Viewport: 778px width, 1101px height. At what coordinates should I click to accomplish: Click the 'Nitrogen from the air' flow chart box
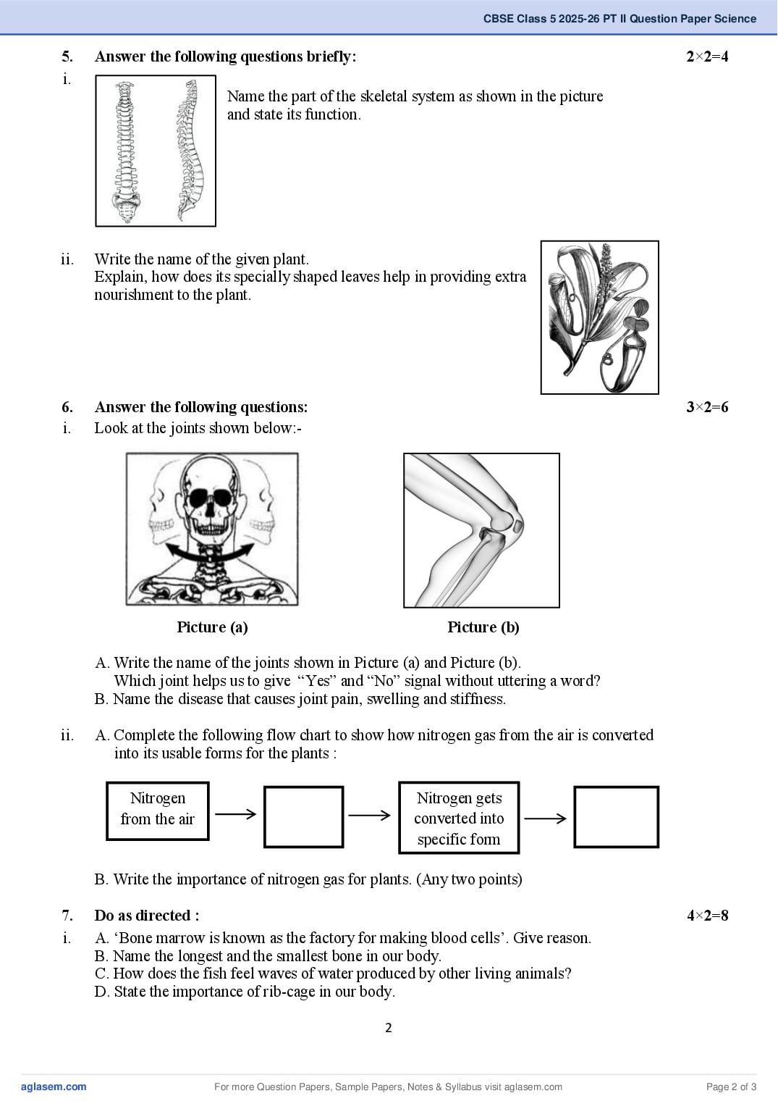pyautogui.click(x=158, y=811)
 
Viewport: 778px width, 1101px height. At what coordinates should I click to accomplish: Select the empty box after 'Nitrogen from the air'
pyautogui.click(x=303, y=817)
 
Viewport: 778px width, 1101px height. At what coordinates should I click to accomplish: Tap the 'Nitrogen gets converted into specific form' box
pyautogui.click(x=459, y=817)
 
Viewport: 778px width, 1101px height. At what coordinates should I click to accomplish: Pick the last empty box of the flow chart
pyautogui.click(x=617, y=817)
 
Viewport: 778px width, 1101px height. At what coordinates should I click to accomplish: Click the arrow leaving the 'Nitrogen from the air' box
pyautogui.click(x=236, y=814)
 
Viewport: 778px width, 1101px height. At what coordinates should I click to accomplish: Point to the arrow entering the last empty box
pyautogui.click(x=545, y=819)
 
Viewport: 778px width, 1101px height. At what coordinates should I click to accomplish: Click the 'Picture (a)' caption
pyautogui.click(x=212, y=627)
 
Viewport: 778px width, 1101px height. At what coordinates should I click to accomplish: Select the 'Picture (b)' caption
pyautogui.click(x=483, y=627)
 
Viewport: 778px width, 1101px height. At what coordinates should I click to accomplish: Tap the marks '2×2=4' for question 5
pyautogui.click(x=707, y=56)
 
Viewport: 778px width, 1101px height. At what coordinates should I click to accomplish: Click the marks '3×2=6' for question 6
pyautogui.click(x=707, y=407)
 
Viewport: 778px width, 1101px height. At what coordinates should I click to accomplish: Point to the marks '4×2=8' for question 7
pyautogui.click(x=707, y=916)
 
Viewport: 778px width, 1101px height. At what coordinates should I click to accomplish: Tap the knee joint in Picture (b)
pyautogui.click(x=500, y=526)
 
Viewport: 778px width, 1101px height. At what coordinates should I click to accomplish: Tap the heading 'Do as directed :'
pyautogui.click(x=147, y=916)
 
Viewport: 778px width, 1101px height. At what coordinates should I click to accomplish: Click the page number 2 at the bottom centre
pyautogui.click(x=389, y=1028)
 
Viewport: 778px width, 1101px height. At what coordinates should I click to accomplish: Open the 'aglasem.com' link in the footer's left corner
pyautogui.click(x=54, y=1087)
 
